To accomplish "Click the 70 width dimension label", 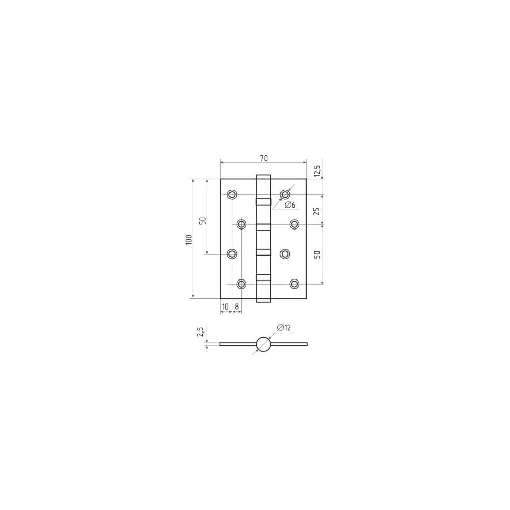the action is [x=264, y=158].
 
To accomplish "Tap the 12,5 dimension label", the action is [x=317, y=171].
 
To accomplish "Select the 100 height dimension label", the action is [x=189, y=239].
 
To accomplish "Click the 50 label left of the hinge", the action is [x=202, y=221].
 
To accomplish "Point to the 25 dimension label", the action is [x=317, y=211].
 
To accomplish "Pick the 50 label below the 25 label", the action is [x=317, y=254].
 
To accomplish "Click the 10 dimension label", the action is [x=225, y=307].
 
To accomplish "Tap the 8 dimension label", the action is [x=237, y=307].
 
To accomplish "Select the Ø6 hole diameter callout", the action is [x=290, y=205].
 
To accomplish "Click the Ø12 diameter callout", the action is [x=284, y=328].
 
